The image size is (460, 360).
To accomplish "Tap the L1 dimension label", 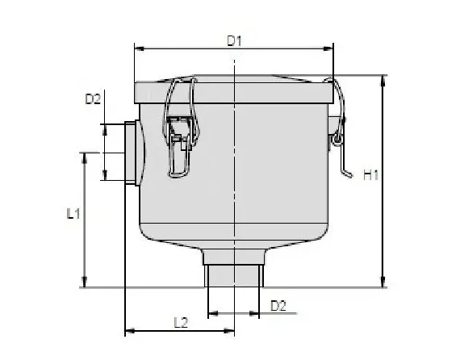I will coord(73,214).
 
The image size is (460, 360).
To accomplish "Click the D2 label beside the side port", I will coord(93,99).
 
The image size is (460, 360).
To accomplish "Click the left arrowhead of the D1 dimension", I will coord(136,48).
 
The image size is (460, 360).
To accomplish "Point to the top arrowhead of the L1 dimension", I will coord(84,154).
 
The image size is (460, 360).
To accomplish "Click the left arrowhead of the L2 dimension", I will coord(128,331).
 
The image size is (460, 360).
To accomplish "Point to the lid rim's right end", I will coord(332,90).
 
